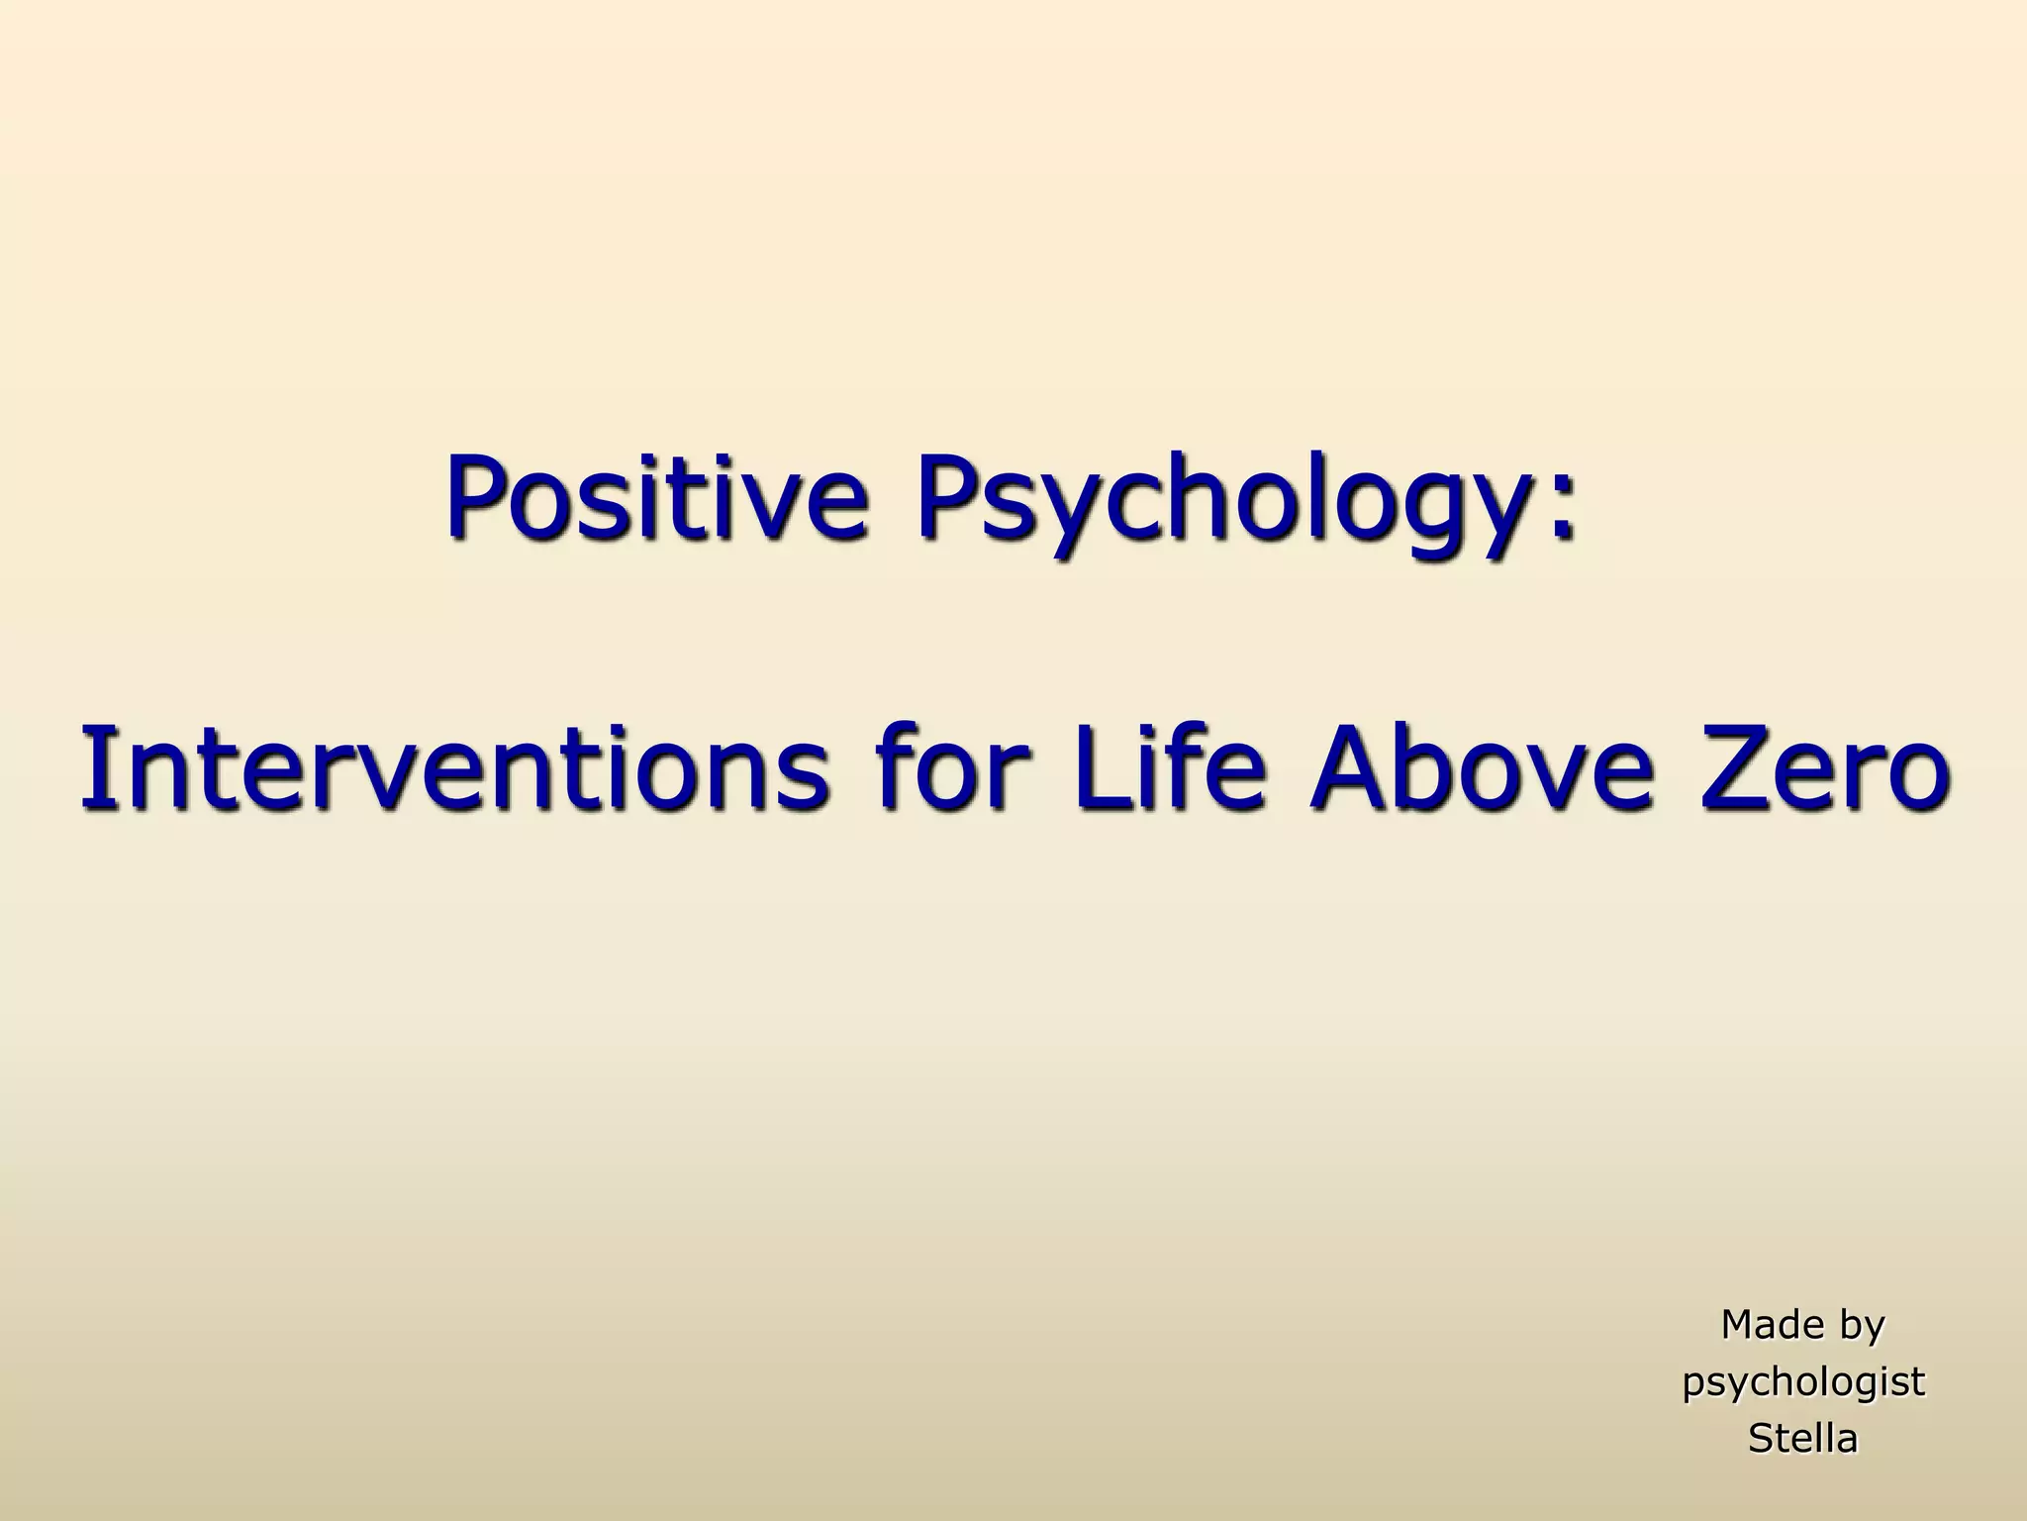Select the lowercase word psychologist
pos(1803,1383)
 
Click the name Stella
pos(1803,1438)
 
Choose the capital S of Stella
pos(1761,1438)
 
